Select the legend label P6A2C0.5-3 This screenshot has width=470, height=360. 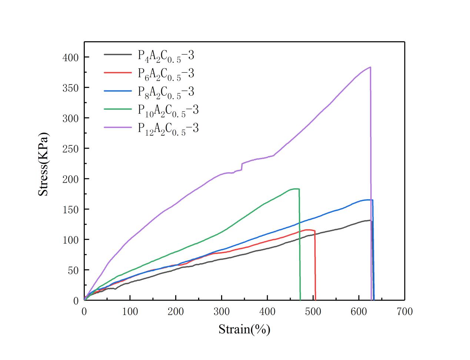(166, 74)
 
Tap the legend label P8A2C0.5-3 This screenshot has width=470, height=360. (166, 92)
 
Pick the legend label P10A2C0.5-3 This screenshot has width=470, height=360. (168, 110)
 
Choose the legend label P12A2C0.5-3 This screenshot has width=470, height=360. (168, 128)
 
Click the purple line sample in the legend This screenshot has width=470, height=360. (117, 127)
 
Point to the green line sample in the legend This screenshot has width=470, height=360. (117, 109)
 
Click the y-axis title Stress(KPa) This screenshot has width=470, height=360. (44, 164)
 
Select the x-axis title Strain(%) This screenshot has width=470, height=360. (244, 329)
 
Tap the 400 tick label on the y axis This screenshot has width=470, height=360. (71, 57)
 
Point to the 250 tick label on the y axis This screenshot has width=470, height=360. (71, 149)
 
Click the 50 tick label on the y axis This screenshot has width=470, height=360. (73, 270)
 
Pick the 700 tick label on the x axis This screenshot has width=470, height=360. (404, 311)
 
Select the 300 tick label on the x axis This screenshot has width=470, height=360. (221, 311)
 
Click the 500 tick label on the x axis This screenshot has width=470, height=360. (313, 311)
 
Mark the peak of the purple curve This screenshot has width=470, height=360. (370, 67)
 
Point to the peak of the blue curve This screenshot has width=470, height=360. (369, 200)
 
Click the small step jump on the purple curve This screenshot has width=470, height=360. (242, 166)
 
